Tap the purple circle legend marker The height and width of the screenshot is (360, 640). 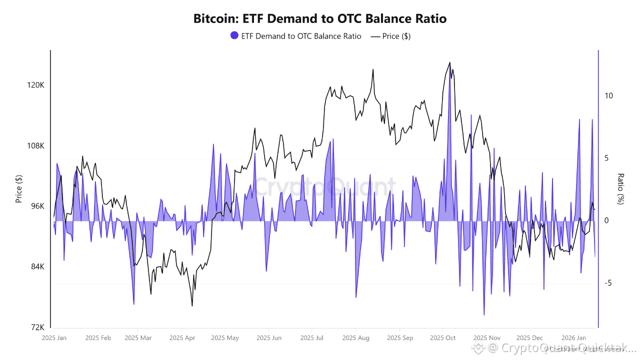[x=234, y=36]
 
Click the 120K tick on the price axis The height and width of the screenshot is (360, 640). [x=35, y=85]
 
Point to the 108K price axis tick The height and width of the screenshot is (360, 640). [x=35, y=146]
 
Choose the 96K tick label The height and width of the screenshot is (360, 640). [x=37, y=206]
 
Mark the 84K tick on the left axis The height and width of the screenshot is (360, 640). [x=37, y=267]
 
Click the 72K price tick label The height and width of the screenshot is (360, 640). [x=37, y=327]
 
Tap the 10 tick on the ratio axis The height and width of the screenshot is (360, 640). [x=608, y=95]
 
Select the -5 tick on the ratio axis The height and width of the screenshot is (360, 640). [x=607, y=283]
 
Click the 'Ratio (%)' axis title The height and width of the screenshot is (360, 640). [x=621, y=189]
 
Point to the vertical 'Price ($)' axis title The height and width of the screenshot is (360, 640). [x=19, y=189]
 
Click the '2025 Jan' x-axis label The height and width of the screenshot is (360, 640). [x=54, y=338]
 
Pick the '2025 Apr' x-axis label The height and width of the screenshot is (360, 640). [x=182, y=338]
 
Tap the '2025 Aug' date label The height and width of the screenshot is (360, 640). [x=355, y=338]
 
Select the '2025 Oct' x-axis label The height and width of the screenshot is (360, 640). [x=443, y=338]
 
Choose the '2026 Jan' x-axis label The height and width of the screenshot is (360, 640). [x=574, y=338]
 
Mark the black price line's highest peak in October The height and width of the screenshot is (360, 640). [x=449, y=62]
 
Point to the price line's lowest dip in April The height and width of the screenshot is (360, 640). [x=192, y=305]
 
